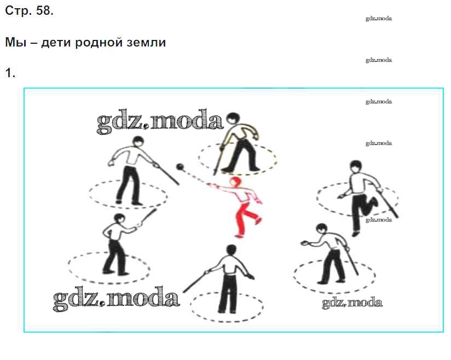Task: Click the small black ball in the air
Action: pos(180,167)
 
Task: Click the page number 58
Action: pos(44,10)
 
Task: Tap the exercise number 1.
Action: pos(10,73)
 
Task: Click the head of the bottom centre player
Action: pos(232,250)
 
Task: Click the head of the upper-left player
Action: pos(138,142)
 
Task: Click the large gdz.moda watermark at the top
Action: pos(160,121)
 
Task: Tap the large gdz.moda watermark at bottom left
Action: pos(116,298)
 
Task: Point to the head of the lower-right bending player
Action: pos(321,229)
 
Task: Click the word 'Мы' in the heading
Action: pos(16,43)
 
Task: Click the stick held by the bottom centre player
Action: pos(195,281)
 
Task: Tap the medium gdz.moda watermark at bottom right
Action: pos(352,303)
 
